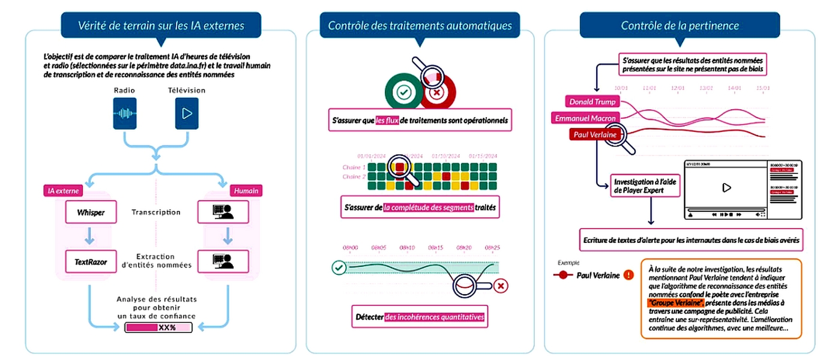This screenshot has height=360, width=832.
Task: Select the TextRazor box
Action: click(90, 261)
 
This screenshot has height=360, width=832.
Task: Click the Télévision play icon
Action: click(187, 113)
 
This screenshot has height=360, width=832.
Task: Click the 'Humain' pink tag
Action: click(246, 191)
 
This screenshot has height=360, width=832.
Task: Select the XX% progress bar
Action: click(158, 328)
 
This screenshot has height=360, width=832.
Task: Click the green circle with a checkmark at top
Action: click(402, 92)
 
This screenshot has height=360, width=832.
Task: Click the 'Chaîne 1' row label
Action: click(354, 167)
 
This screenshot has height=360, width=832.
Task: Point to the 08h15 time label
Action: click(436, 247)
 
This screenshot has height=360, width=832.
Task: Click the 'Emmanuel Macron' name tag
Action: click(585, 118)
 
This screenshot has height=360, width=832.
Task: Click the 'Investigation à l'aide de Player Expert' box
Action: click(646, 185)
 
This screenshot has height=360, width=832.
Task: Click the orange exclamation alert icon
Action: click(628, 275)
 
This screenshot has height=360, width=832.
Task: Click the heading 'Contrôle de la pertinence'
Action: click(680, 25)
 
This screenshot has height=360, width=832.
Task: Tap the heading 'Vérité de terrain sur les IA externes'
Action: click(161, 25)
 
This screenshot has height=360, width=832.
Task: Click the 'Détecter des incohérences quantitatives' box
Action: click(420, 316)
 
